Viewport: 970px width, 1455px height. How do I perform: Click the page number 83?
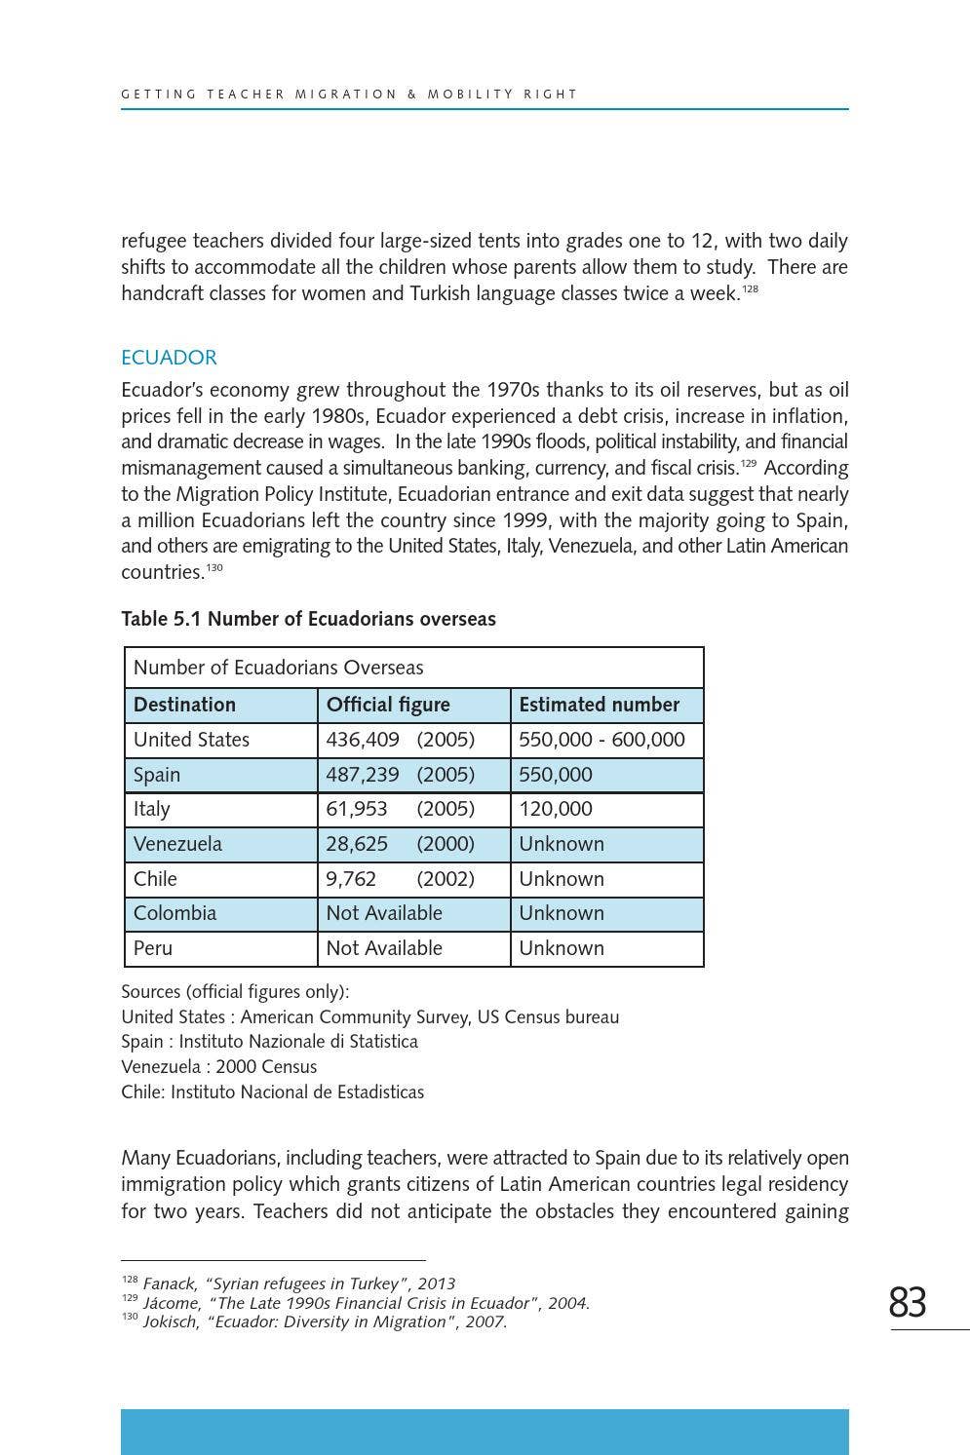click(x=907, y=1302)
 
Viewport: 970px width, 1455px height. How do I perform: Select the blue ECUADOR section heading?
click(x=169, y=358)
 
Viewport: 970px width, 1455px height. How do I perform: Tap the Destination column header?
click(x=184, y=705)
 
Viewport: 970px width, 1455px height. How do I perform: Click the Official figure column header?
click(x=388, y=705)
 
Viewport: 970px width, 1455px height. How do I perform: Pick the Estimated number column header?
click(x=599, y=705)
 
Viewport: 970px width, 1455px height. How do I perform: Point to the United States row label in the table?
click(x=191, y=740)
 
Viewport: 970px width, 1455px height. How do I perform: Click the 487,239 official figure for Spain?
click(x=363, y=775)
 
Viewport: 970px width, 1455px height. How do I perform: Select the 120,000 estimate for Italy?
click(x=556, y=809)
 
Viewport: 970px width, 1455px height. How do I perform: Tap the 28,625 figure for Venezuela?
click(x=357, y=844)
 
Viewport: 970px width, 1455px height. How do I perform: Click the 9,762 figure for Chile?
click(x=351, y=879)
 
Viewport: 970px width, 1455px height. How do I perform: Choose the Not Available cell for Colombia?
click(x=384, y=913)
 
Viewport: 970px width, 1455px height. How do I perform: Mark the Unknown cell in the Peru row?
click(x=562, y=948)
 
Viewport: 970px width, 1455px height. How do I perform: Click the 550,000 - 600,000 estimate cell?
click(x=601, y=740)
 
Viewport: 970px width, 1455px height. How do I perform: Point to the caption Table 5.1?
click(x=308, y=619)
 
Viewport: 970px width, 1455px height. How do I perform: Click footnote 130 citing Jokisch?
click(x=314, y=1322)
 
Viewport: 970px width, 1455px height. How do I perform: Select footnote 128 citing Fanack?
click(x=289, y=1283)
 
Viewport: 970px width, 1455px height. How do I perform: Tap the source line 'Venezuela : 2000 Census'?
click(x=218, y=1067)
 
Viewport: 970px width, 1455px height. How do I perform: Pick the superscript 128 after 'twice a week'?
click(x=750, y=288)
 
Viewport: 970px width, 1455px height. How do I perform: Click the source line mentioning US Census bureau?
click(x=369, y=1017)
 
